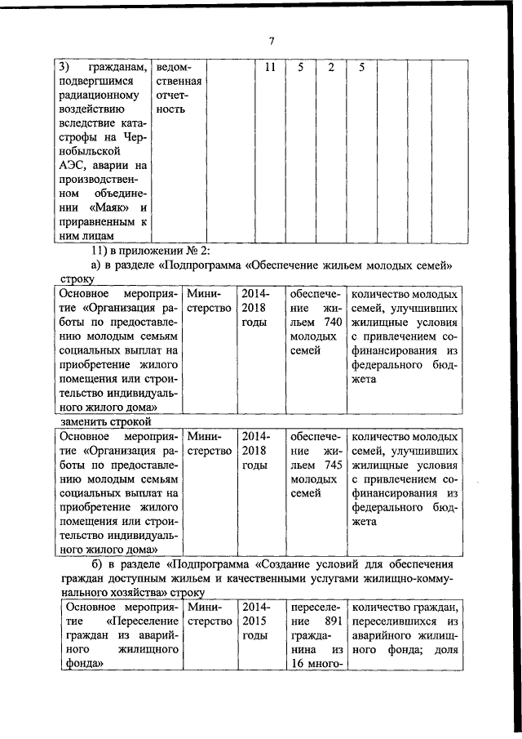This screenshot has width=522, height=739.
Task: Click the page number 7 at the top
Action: point(272,41)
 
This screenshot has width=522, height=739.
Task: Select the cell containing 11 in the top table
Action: point(267,67)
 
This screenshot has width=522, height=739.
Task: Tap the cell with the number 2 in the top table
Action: point(330,67)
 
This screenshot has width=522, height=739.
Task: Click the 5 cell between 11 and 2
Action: point(300,67)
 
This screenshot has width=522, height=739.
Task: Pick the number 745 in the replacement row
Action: point(325,465)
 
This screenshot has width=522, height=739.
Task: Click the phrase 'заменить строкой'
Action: point(107,421)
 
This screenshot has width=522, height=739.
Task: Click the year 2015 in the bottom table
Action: point(254,622)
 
